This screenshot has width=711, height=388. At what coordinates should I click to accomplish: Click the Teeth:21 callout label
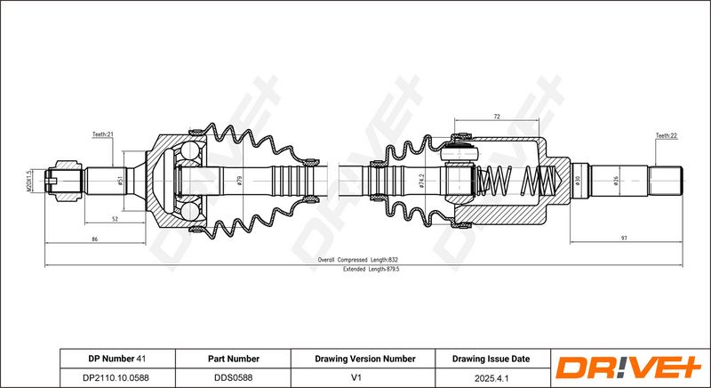point(102,134)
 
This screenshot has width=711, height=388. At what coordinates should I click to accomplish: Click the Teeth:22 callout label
point(666,135)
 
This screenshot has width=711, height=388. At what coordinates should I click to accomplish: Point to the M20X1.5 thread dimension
point(28,181)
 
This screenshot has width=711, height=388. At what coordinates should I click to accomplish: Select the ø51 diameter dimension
point(120,181)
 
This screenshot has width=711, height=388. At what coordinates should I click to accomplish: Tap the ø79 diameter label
point(239,181)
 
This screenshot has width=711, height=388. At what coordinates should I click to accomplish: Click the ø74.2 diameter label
point(421,181)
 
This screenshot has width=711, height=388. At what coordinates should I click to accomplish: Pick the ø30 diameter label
point(578,181)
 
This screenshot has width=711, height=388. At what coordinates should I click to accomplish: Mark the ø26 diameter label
point(616,181)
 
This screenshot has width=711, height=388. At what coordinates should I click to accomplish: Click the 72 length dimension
point(496,117)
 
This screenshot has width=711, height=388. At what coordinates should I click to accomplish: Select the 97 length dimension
point(624,238)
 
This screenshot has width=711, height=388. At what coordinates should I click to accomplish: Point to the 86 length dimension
point(94,239)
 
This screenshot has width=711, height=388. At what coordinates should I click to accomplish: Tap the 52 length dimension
point(115,219)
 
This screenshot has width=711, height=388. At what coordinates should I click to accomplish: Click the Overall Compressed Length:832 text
point(358,260)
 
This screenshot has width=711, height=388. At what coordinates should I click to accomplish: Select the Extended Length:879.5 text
point(371,269)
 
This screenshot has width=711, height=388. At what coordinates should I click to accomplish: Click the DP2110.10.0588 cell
point(116,377)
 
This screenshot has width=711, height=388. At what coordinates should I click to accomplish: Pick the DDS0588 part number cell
point(234,377)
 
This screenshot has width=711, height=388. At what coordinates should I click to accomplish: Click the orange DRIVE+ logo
point(628,368)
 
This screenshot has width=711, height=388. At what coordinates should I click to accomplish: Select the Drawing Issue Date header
point(491,359)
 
